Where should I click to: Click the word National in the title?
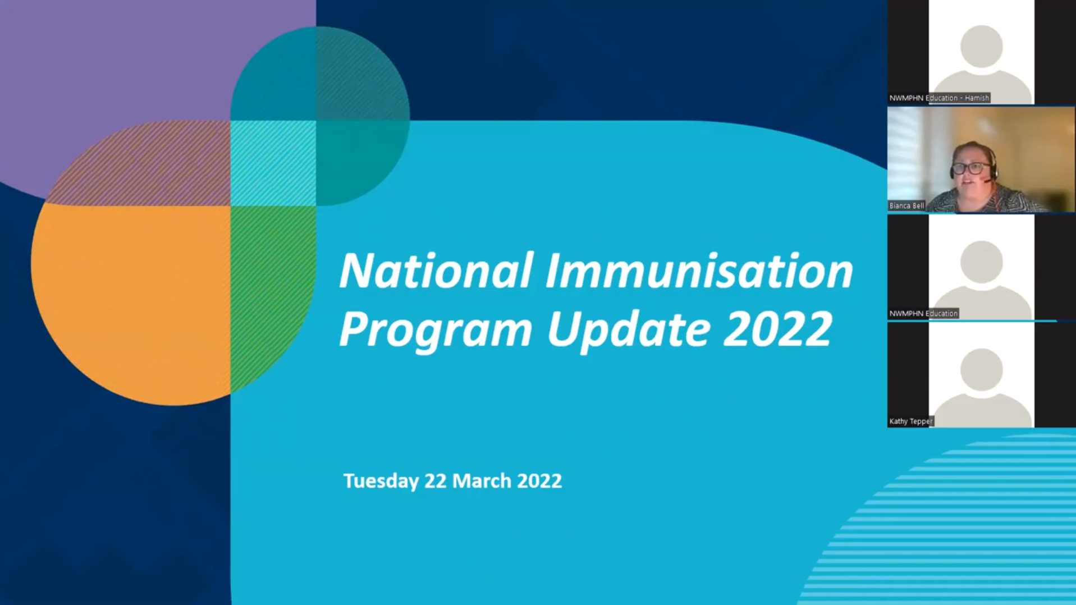[436, 271]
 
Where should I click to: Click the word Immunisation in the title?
[699, 271]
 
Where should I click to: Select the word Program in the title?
[436, 330]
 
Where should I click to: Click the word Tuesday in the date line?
[381, 481]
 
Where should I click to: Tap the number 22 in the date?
[435, 481]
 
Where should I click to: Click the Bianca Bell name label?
[906, 206]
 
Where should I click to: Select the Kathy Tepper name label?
[910, 421]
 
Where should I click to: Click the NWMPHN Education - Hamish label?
[938, 98]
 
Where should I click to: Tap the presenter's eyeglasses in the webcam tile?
[970, 168]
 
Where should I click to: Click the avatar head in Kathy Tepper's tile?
[981, 369]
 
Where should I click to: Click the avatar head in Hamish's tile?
[981, 46]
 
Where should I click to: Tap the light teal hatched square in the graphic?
[273, 163]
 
